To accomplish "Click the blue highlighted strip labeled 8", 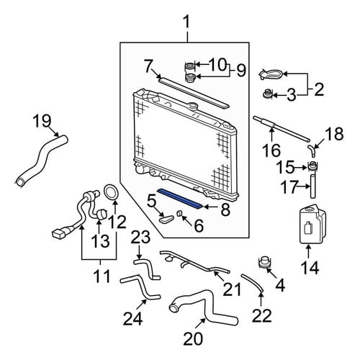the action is click(180, 199).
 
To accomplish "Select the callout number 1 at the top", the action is click(186, 22).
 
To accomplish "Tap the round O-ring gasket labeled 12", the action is click(111, 192).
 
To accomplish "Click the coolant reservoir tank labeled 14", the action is click(312, 224).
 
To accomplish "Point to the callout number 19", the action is click(42, 121).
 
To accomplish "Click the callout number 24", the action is click(133, 319).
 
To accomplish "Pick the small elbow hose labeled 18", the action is click(312, 150).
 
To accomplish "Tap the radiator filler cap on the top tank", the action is click(193, 106).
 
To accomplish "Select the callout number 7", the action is click(149, 66).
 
